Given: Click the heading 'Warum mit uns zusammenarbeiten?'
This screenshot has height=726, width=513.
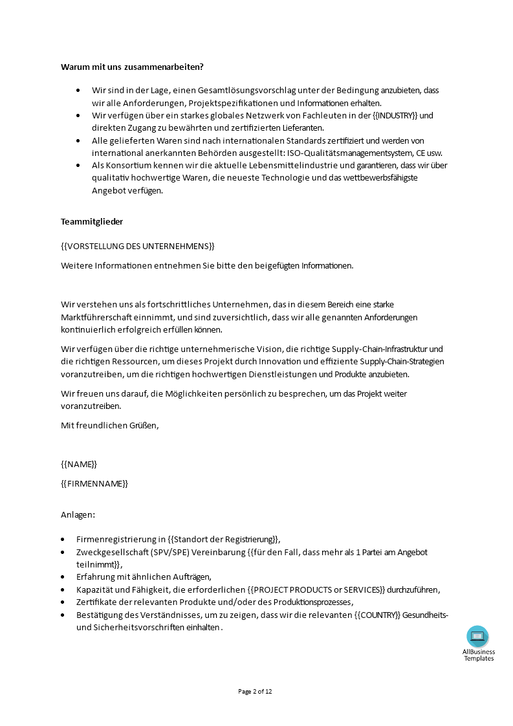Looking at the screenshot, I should [132, 67].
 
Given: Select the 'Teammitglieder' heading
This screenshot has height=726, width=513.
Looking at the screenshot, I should [92, 221].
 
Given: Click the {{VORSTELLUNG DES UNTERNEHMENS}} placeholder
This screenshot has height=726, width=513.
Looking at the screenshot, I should [137, 246].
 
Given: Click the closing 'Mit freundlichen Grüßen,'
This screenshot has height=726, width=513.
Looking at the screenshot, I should [109, 425].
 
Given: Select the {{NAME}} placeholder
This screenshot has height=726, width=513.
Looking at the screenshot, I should [79, 464].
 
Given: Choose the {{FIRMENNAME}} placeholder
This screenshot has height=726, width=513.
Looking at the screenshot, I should [94, 483].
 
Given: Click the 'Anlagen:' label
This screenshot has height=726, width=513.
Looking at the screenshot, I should [78, 514].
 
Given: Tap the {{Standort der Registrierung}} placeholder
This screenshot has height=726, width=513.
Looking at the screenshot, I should [223, 539].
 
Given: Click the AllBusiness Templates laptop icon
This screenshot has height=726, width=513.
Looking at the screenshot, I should [478, 637].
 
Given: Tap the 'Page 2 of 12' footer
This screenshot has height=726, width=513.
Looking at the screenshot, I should [256, 691].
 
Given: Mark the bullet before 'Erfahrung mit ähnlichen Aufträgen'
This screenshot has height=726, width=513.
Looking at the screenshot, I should [63, 577].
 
